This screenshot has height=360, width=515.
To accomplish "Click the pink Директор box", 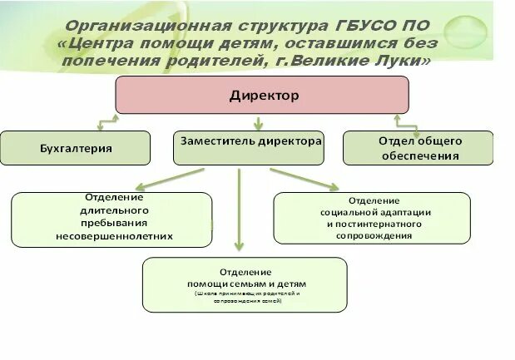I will click(261, 95).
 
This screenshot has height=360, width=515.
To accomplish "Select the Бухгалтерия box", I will click(76, 148).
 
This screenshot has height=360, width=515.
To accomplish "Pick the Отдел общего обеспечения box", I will click(418, 148).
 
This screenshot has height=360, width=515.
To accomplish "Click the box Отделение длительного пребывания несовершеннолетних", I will click(111, 219).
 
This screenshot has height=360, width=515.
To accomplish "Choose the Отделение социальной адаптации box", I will click(371, 218).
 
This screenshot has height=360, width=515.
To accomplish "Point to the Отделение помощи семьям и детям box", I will click(244, 284).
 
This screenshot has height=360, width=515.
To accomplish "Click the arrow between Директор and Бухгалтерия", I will click(106, 123).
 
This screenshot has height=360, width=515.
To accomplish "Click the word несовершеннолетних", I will click(114, 236).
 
